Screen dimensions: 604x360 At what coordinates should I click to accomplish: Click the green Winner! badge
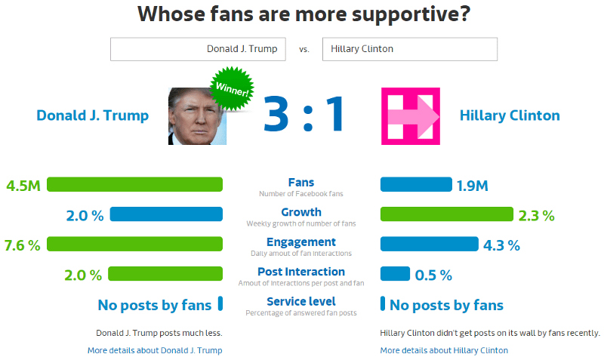pyautogui.click(x=232, y=88)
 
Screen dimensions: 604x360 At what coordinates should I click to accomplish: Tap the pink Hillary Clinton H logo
pyautogui.click(x=411, y=116)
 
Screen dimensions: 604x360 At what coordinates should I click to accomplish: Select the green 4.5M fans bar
pyautogui.click(x=135, y=184)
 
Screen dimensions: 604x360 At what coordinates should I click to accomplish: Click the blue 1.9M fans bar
pyautogui.click(x=416, y=184)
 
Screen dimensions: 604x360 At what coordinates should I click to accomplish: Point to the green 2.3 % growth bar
pyautogui.click(x=447, y=214)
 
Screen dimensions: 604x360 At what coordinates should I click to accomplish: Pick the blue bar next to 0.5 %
pyautogui.click(x=395, y=274)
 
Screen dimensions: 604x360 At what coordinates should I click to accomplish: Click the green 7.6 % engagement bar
pyautogui.click(x=135, y=244)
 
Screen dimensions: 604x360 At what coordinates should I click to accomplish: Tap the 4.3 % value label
pyautogui.click(x=501, y=245)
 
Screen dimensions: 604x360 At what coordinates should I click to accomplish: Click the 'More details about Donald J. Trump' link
pyautogui.click(x=155, y=350)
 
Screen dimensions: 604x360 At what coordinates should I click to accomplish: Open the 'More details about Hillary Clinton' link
pyautogui.click(x=444, y=350)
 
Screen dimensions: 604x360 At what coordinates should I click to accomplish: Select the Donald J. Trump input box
pyautogui.click(x=198, y=49)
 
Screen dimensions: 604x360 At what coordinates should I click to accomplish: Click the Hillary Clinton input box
pyautogui.click(x=410, y=49)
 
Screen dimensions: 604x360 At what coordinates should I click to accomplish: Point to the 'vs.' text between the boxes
pyautogui.click(x=304, y=50)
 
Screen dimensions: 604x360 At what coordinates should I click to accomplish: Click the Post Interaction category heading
pyautogui.click(x=301, y=272)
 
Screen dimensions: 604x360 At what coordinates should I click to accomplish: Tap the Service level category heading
pyautogui.click(x=301, y=301)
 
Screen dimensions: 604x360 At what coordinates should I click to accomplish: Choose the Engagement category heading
pyautogui.click(x=301, y=242)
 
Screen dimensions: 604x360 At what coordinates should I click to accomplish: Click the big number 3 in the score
pyautogui.click(x=276, y=113)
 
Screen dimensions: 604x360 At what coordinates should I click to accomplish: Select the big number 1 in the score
pyautogui.click(x=334, y=113)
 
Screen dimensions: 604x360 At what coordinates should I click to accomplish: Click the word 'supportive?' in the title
pyautogui.click(x=411, y=14)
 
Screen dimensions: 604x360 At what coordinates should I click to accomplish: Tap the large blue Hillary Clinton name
pyautogui.click(x=510, y=115)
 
